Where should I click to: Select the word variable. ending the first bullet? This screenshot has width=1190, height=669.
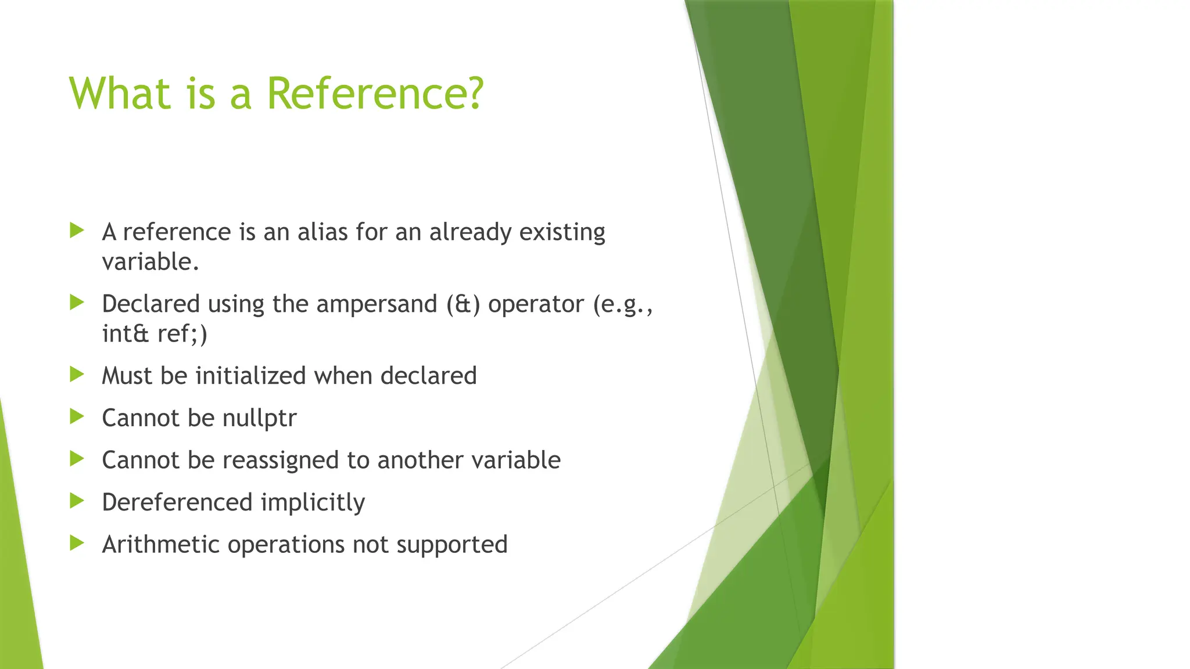tap(150, 261)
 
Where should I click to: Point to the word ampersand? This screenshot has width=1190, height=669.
tap(377, 304)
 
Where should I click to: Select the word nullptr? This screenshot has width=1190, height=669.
tap(260, 418)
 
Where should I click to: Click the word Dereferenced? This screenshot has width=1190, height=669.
tap(177, 502)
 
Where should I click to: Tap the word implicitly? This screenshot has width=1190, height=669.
tap(313, 503)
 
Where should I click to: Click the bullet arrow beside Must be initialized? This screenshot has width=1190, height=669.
tap(77, 374)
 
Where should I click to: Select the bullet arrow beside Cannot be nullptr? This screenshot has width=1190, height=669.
tap(77, 416)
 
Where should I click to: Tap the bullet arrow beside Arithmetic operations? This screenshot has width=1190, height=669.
tap(77, 543)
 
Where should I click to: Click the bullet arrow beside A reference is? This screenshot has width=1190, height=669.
tap(77, 231)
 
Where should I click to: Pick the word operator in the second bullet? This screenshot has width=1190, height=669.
tap(536, 304)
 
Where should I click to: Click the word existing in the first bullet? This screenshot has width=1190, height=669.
tap(562, 232)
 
